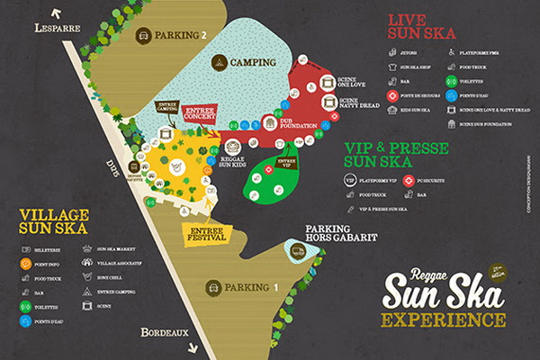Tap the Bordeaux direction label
(x=165, y=333)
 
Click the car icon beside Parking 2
(x=142, y=36)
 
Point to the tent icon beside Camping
(x=219, y=62)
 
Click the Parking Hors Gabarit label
(x=340, y=233)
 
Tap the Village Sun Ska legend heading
(x=55, y=221)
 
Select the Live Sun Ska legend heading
(x=421, y=27)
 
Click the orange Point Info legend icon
(x=26, y=264)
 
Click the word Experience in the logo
(x=442, y=319)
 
